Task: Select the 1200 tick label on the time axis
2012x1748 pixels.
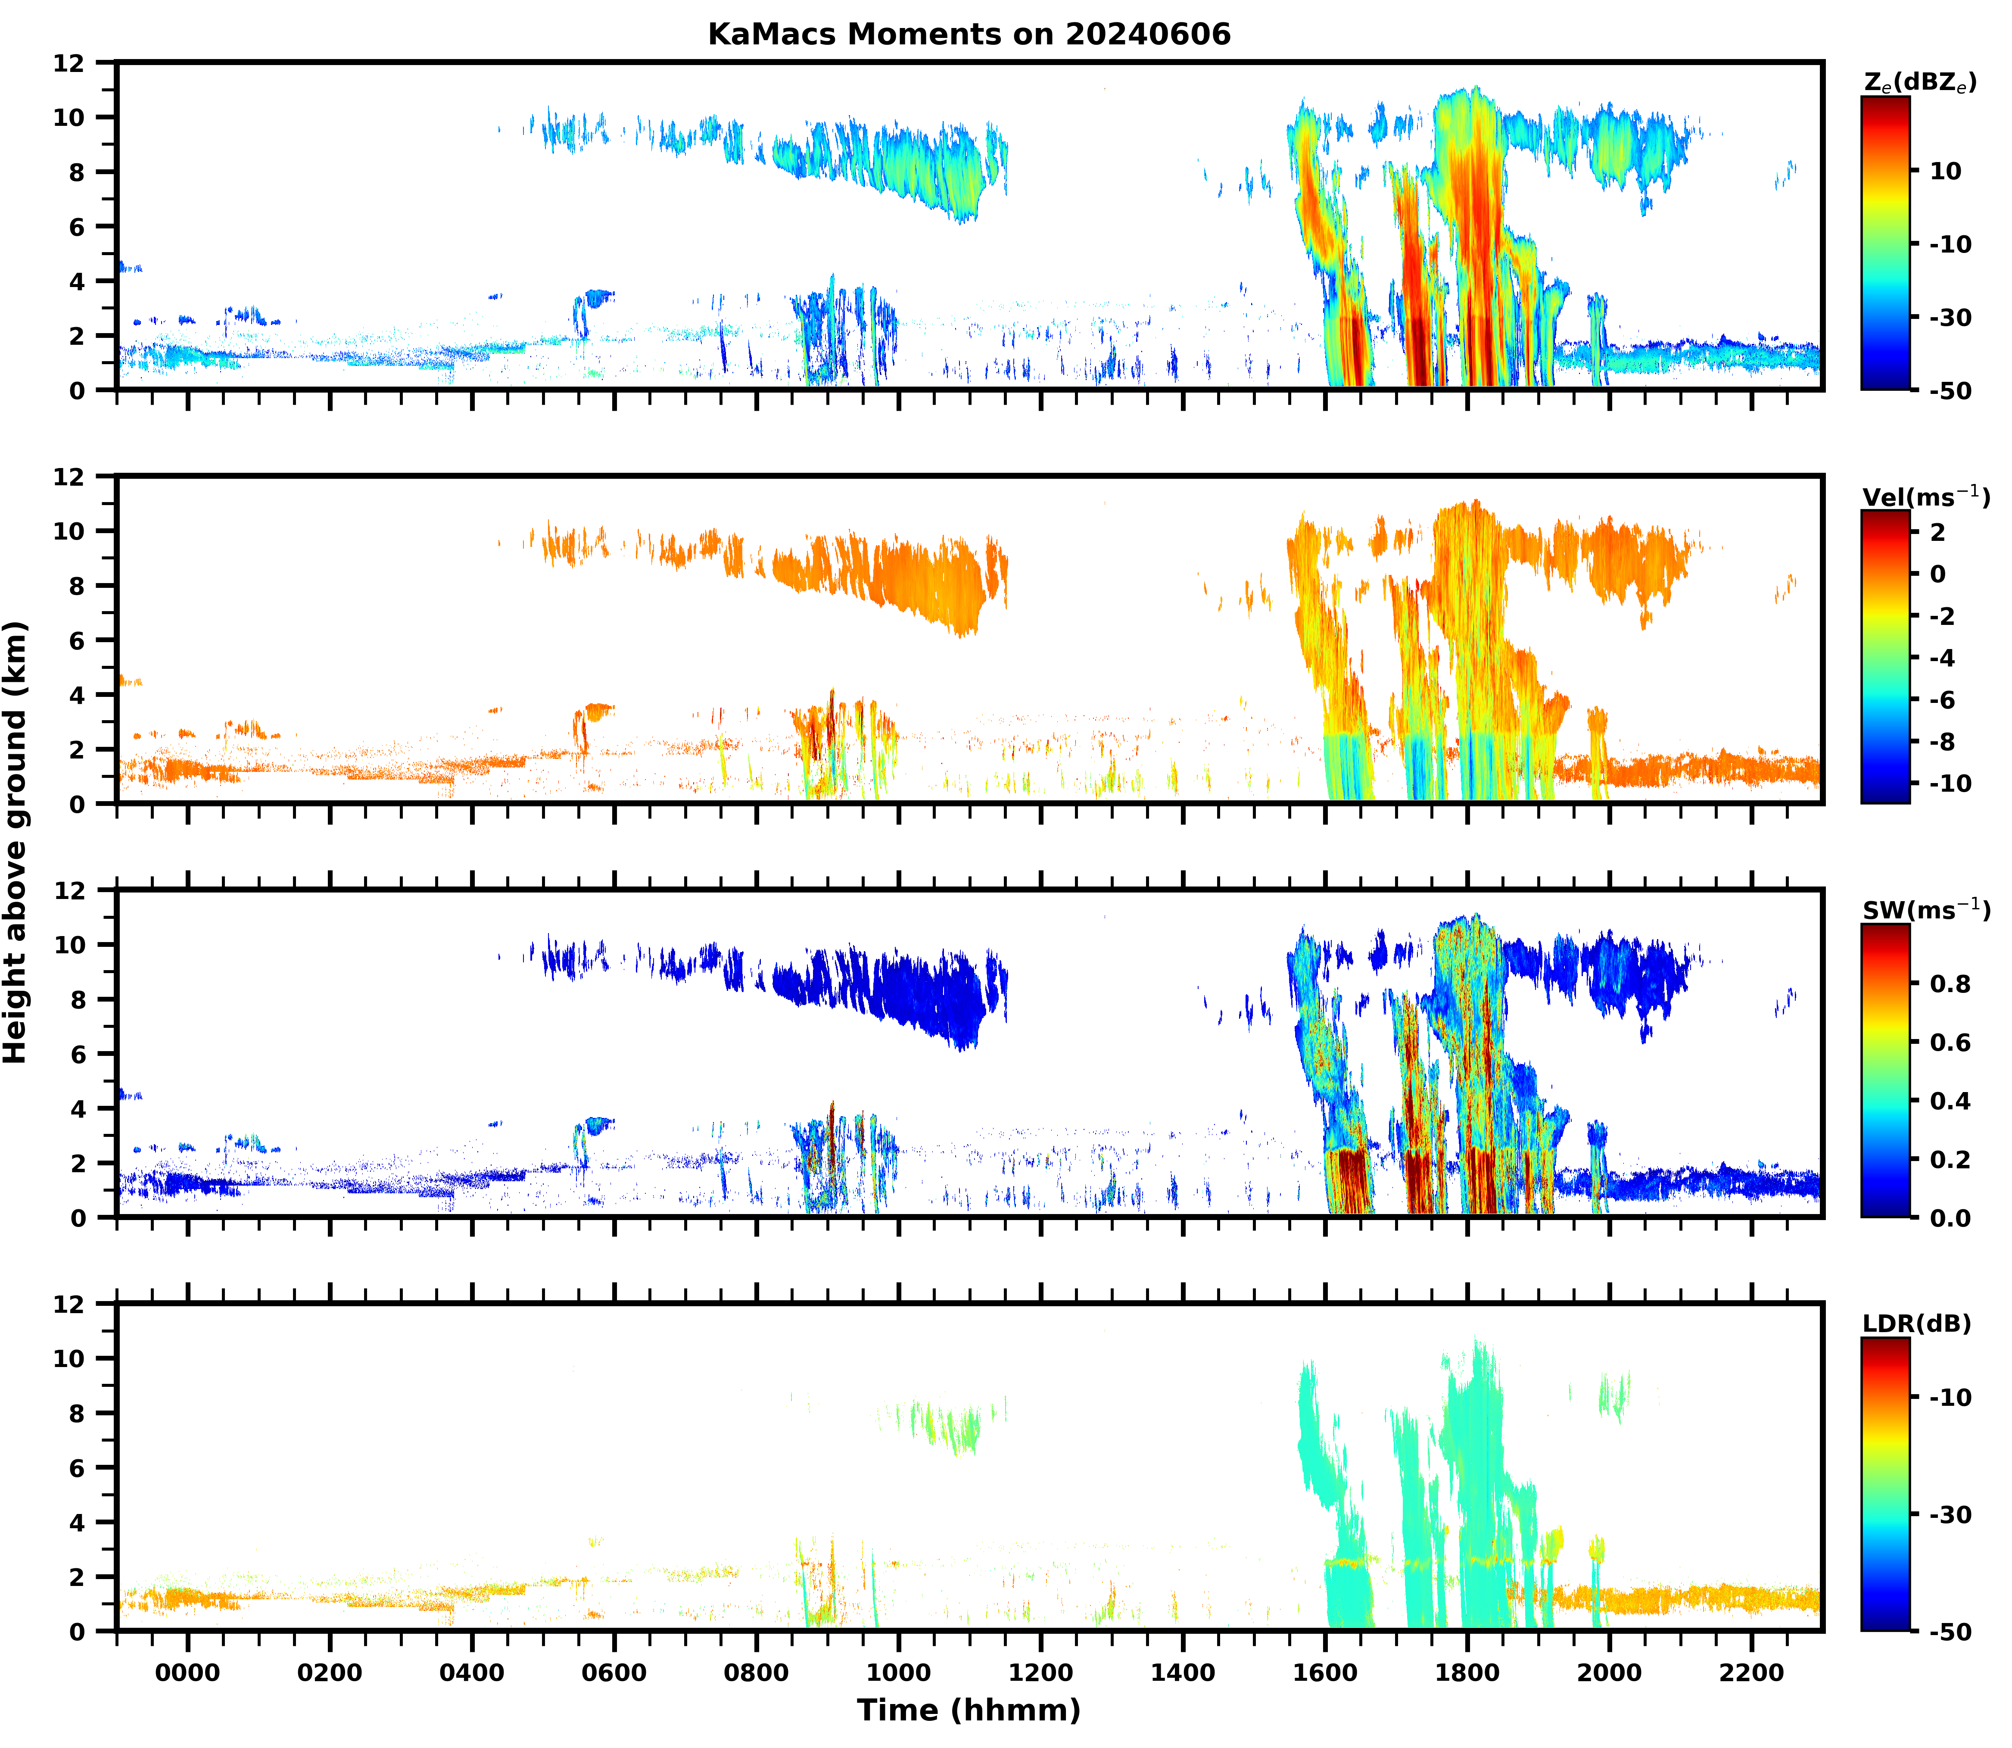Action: tap(1040, 1673)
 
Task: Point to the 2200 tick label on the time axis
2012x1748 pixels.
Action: tap(1752, 1673)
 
